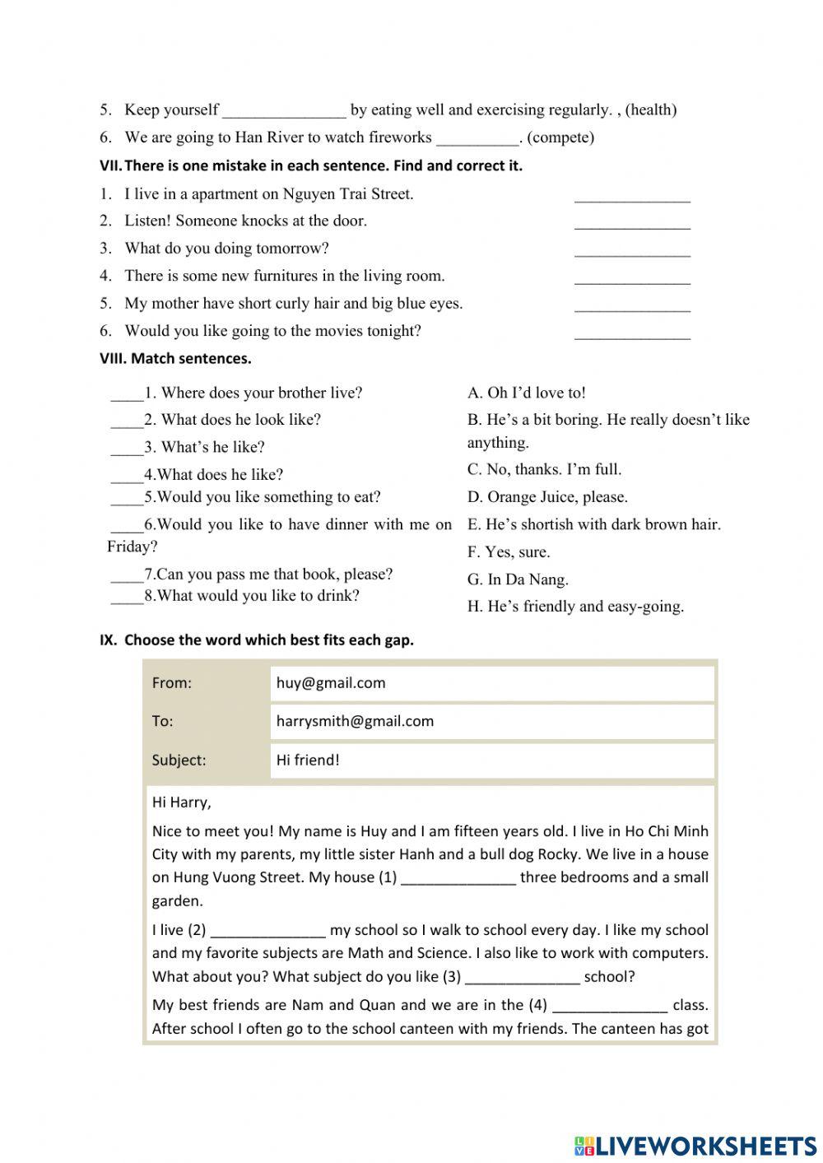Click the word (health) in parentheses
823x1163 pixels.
(x=651, y=109)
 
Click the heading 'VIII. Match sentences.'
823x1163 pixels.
(x=175, y=359)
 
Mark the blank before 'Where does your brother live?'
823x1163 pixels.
(x=127, y=394)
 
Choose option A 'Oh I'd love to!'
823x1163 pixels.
(x=527, y=393)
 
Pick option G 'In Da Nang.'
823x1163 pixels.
(x=518, y=579)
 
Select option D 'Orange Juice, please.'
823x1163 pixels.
(x=547, y=497)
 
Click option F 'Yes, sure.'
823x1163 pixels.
(x=509, y=552)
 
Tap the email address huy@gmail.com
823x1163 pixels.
(x=331, y=682)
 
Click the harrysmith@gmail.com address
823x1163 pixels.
(x=355, y=721)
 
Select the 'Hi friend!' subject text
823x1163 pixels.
(x=308, y=760)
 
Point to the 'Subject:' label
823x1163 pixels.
(x=179, y=760)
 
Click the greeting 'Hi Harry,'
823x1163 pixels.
(x=181, y=802)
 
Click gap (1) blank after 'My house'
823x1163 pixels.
(x=458, y=879)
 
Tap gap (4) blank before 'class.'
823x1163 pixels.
(x=609, y=1007)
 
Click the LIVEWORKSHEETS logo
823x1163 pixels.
(x=695, y=1146)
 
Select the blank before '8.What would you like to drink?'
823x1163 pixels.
(x=127, y=598)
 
